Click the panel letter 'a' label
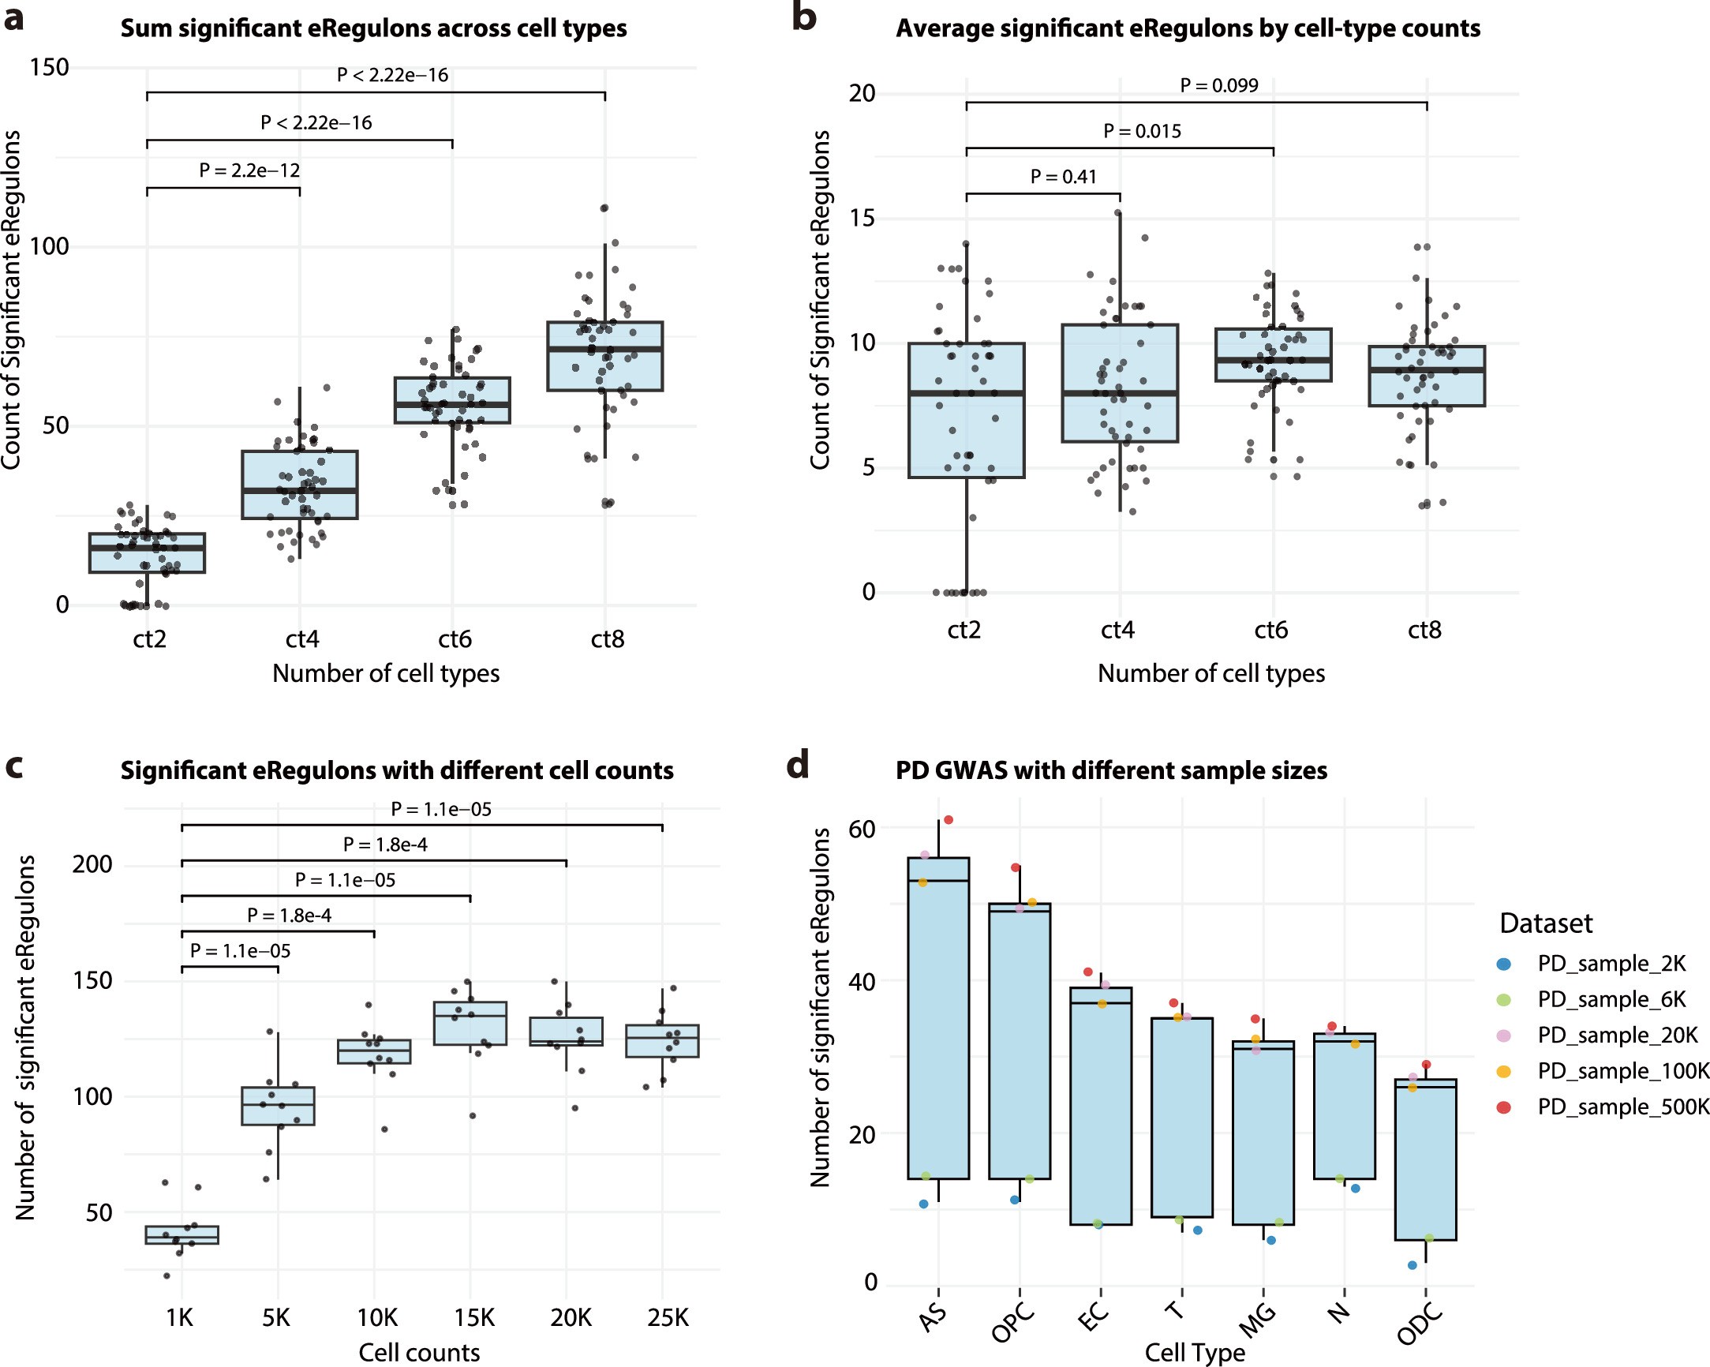(14, 17)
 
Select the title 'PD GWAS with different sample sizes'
(1110, 770)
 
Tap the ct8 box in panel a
(604, 356)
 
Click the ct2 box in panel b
(966, 410)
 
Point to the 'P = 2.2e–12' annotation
(249, 170)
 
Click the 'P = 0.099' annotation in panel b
(1218, 86)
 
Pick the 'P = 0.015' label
(1141, 132)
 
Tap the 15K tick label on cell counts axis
(473, 1318)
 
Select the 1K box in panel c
(181, 1235)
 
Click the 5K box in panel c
(278, 1106)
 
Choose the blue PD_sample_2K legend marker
(1503, 964)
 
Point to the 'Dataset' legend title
(1545, 923)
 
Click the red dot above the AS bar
(948, 819)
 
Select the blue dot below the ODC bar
(1412, 1265)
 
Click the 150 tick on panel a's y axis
(49, 67)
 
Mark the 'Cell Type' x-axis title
(1195, 1352)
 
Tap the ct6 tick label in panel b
(1270, 630)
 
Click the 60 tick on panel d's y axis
(862, 828)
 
